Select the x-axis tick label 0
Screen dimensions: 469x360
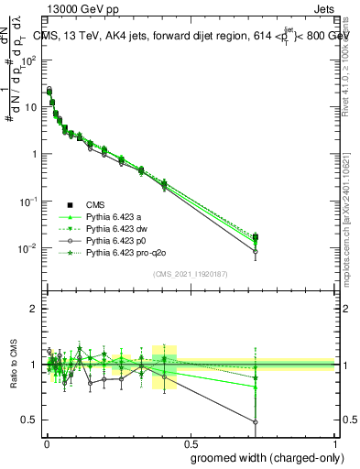pos(46,442)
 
